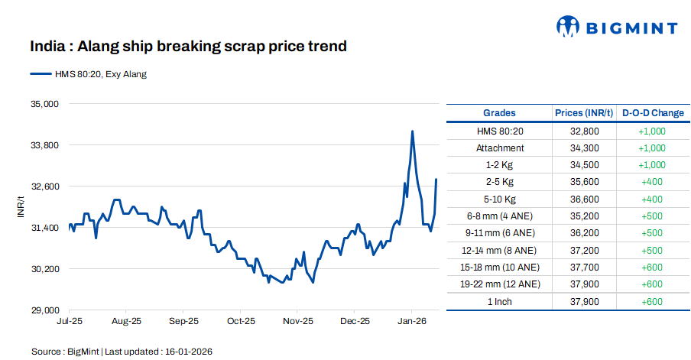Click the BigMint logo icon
click(x=568, y=28)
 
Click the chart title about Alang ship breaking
click(x=188, y=47)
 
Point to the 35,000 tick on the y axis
click(x=44, y=104)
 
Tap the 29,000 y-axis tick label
click(x=44, y=310)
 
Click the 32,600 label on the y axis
click(x=44, y=186)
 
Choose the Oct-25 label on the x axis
click(x=240, y=322)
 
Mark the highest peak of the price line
click(x=413, y=131)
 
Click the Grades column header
click(x=499, y=113)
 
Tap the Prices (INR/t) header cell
click(x=584, y=113)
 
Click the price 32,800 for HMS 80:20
click(x=584, y=131)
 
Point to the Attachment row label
click(x=499, y=148)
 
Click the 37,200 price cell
click(x=584, y=250)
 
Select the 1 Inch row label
click(x=499, y=301)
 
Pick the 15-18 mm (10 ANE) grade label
click(x=499, y=267)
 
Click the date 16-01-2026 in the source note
click(x=187, y=352)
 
